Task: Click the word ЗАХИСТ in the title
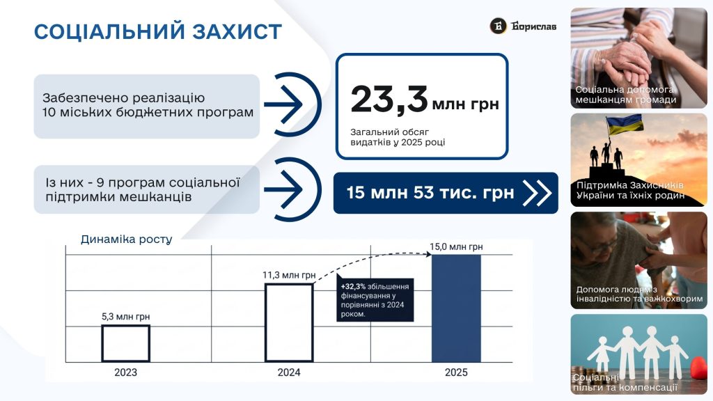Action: click(x=237, y=32)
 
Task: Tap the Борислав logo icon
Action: click(x=499, y=26)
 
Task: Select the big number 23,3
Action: click(x=389, y=100)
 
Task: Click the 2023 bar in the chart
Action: click(x=125, y=344)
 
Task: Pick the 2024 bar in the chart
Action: click(x=289, y=323)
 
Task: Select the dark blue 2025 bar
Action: click(x=456, y=308)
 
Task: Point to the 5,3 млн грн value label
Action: click(x=125, y=317)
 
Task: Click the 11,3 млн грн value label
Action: click(x=289, y=275)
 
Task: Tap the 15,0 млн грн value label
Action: click(x=456, y=247)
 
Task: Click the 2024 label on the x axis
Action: click(x=289, y=372)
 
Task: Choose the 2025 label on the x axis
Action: click(x=456, y=372)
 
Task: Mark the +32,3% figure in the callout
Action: click(x=353, y=286)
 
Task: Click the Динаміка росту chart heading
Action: click(x=127, y=239)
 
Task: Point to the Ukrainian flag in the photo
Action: click(x=625, y=124)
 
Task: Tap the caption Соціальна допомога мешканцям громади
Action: click(x=626, y=95)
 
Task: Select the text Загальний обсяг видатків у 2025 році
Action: click(x=398, y=137)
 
